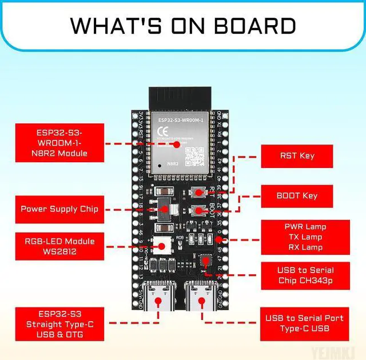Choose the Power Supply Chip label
59,209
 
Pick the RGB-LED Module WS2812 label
59,246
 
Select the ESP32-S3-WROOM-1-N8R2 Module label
59,143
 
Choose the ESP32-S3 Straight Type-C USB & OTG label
58,324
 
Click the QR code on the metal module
194,154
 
